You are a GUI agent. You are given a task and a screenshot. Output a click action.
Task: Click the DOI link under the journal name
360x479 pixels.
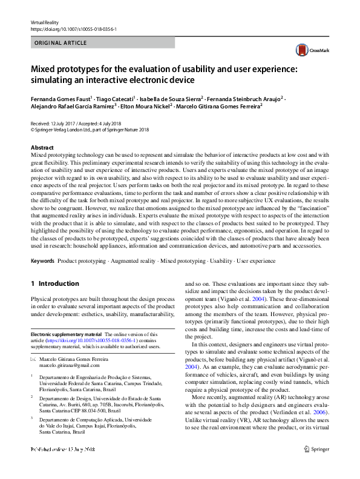pos(65,28)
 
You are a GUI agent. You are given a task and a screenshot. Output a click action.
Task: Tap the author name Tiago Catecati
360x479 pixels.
pos(115,97)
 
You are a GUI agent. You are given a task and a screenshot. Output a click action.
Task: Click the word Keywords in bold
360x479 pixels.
pos(42,260)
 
